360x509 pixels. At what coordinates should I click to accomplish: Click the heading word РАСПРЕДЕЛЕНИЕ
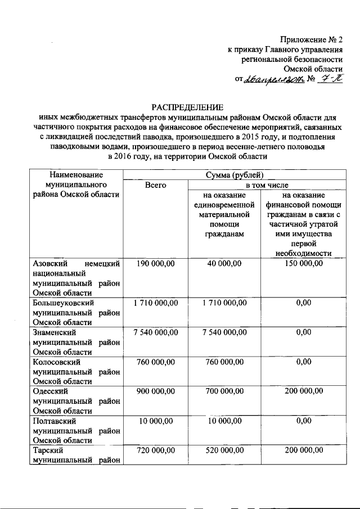coord(186,107)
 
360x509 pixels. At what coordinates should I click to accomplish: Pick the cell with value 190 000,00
coord(155,263)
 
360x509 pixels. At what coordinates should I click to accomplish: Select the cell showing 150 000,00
coord(303,263)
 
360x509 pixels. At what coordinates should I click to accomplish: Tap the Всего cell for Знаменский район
coord(155,332)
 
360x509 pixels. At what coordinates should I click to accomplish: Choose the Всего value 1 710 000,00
coord(155,303)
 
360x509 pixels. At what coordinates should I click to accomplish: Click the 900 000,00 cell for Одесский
coord(155,391)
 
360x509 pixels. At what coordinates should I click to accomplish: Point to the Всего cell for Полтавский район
coord(155,420)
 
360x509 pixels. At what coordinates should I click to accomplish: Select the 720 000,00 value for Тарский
coord(155,450)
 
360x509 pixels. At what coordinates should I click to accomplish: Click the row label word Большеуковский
coord(62,303)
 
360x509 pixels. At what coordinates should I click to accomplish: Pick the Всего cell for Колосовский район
coord(155,362)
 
